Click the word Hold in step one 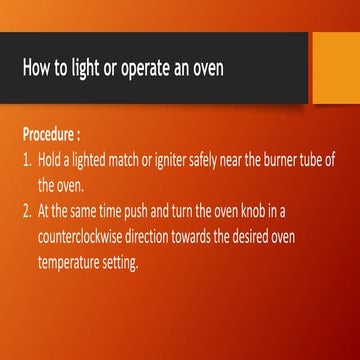click(51, 160)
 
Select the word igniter click(185, 160)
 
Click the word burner click(290, 160)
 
